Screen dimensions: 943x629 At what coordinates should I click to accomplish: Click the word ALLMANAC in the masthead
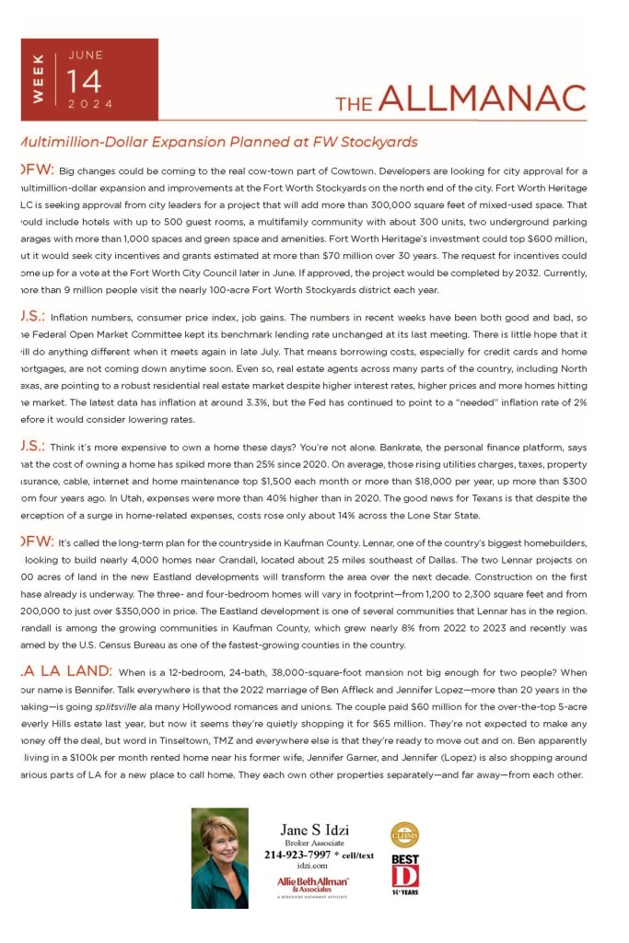[482, 99]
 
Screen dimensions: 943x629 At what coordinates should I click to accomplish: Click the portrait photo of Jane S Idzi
[219, 858]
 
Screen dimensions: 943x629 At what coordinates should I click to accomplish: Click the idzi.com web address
[313, 867]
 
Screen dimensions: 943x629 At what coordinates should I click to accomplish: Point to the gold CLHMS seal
[404, 835]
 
